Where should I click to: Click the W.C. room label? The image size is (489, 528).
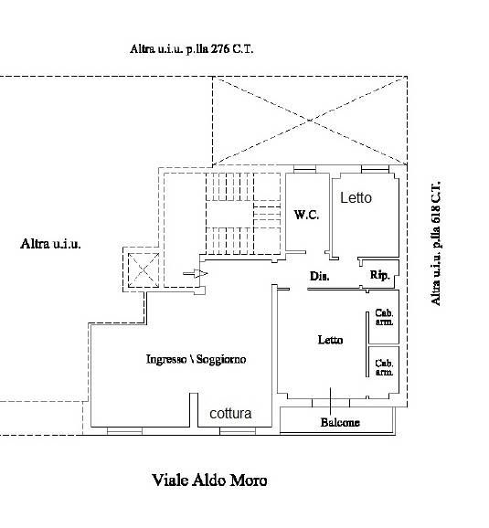(306, 215)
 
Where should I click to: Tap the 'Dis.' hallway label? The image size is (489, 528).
(319, 276)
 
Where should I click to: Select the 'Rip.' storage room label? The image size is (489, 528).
(380, 275)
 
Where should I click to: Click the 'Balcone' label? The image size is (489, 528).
(340, 422)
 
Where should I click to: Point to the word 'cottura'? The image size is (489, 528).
(230, 413)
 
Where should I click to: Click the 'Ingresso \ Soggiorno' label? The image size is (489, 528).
(197, 359)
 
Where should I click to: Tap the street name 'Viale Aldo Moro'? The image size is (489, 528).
(209, 480)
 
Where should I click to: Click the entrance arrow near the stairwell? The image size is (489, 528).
(196, 273)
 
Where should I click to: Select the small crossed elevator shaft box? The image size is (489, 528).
(144, 269)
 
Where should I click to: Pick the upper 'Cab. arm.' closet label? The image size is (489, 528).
(384, 317)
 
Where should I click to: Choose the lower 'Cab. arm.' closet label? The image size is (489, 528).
(384, 367)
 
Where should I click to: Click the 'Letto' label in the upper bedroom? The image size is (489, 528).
(356, 197)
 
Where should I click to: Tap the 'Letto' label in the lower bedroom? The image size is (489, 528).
(330, 340)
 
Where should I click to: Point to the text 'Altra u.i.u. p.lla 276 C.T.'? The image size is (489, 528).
(191, 48)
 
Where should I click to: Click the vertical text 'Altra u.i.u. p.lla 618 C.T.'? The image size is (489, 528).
(436, 243)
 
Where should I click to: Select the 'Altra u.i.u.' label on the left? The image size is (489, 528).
(50, 244)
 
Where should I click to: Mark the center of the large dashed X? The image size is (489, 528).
(310, 121)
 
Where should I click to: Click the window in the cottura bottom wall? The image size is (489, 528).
(238, 430)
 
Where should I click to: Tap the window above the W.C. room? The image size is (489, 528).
(304, 169)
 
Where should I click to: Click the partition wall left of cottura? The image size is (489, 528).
(194, 410)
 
